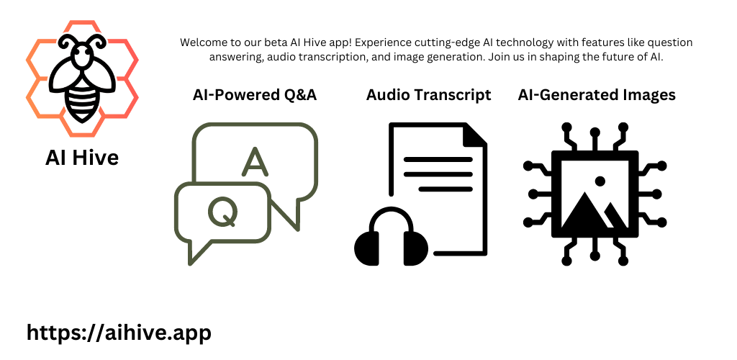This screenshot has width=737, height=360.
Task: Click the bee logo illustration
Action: [x=82, y=78]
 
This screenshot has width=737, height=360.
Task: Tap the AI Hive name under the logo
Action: [x=82, y=158]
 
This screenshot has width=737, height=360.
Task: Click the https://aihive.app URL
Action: [x=119, y=333]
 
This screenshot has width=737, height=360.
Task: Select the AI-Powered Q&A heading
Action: [x=255, y=95]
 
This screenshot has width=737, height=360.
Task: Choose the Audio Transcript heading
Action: [x=429, y=95]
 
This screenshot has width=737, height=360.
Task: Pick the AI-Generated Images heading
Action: [x=597, y=95]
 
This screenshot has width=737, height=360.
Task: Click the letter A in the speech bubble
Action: [x=256, y=161]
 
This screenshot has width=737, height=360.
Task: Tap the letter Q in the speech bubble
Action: [x=223, y=212]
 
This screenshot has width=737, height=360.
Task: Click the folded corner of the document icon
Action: [x=475, y=135]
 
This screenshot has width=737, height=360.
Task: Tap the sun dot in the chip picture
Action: [x=600, y=181]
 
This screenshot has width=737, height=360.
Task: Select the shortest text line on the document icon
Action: [x=446, y=189]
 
